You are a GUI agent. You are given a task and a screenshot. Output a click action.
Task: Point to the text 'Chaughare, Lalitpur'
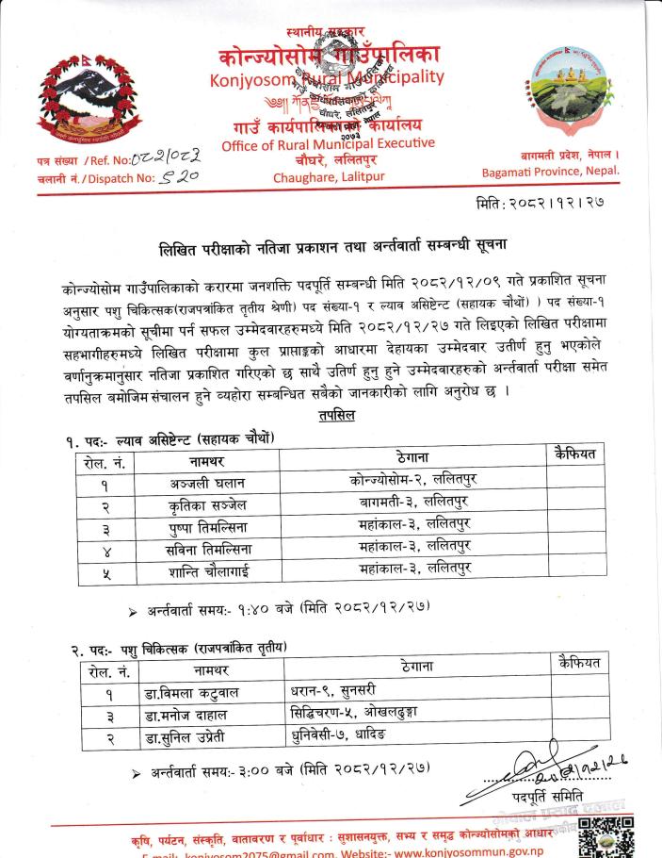pyautogui.click(x=323, y=176)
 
